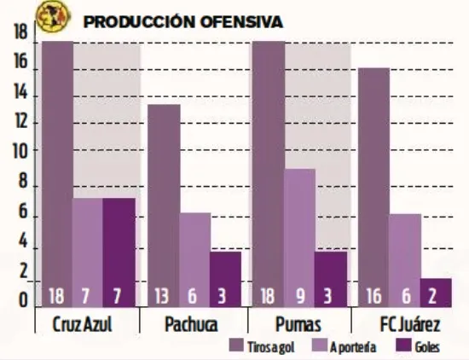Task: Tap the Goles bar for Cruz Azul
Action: click(119, 247)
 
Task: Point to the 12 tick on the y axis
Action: click(20, 122)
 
